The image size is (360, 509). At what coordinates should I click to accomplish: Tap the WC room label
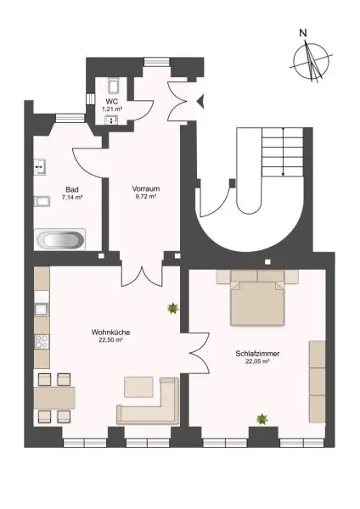pos(110,102)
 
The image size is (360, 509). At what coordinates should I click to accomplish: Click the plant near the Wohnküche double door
pos(173,308)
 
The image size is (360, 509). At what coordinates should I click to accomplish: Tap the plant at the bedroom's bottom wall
pos(262,418)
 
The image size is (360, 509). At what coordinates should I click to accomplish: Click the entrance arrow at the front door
pos(200,102)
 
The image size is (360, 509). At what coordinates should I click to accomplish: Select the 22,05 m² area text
pos(254,361)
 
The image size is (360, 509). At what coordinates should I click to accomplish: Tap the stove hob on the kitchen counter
pos(39,343)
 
